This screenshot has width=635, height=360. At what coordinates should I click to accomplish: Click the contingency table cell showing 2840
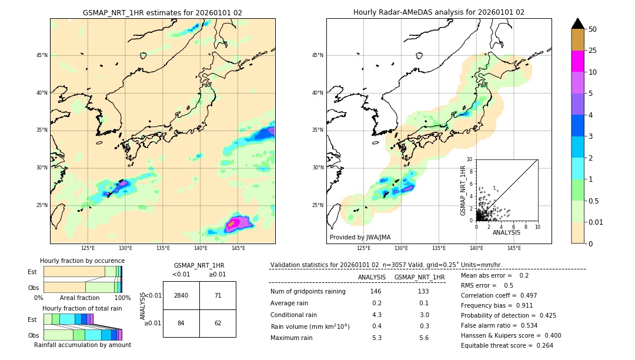[x=181, y=295]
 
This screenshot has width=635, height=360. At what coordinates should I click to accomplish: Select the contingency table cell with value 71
[x=218, y=295]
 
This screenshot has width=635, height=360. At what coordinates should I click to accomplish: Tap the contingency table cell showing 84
[x=181, y=323]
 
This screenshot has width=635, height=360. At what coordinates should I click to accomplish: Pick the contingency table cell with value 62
[x=218, y=323]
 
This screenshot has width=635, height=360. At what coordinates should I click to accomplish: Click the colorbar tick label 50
[x=593, y=29]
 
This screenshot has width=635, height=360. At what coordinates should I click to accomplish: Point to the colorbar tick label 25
[x=593, y=51]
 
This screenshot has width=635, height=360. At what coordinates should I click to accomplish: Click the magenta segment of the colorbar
[x=577, y=61]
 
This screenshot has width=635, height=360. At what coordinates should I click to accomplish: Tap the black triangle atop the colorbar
[x=577, y=23]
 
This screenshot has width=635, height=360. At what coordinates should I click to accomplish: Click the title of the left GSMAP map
[x=162, y=12]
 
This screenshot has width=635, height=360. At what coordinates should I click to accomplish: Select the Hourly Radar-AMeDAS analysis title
[x=439, y=12]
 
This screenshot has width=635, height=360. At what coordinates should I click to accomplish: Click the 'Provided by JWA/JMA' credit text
[x=360, y=237]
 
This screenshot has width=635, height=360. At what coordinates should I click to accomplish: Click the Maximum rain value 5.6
[x=424, y=338]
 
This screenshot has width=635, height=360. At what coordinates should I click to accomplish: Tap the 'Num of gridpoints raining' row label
[x=308, y=292]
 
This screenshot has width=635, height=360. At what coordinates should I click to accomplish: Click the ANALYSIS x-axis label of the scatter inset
[x=506, y=232]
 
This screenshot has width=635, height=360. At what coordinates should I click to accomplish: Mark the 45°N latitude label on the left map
[x=42, y=55]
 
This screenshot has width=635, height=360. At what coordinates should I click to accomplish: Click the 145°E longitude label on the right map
[x=514, y=248]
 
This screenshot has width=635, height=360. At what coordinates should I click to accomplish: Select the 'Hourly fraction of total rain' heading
[x=82, y=308]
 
